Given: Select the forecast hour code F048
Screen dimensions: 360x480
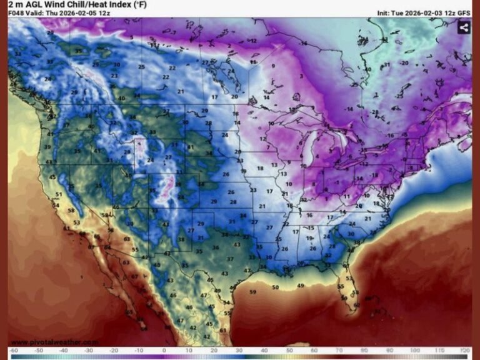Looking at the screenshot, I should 16,12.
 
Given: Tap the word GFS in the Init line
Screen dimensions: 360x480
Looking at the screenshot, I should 464,12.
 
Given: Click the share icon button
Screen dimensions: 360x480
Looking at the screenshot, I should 463,27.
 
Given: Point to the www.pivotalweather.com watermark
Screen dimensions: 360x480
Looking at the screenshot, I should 54,342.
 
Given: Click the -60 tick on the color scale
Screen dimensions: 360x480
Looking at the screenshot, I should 13,351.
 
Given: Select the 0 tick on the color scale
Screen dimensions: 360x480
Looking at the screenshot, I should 164,351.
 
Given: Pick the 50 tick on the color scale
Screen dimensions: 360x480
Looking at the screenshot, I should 289,351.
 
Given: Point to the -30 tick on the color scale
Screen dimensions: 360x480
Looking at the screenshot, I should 89,351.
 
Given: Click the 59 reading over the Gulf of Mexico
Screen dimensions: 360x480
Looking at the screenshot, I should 253,292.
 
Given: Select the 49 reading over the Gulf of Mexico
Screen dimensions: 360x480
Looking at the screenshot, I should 301,286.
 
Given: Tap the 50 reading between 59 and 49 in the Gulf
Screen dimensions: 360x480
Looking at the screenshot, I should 276,287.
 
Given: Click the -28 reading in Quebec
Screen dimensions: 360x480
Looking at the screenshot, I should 376,112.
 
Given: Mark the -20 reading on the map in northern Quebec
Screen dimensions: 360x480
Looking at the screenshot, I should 404,63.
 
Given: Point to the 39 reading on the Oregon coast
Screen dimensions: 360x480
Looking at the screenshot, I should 47,147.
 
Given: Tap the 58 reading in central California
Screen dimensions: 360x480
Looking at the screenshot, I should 71,210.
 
